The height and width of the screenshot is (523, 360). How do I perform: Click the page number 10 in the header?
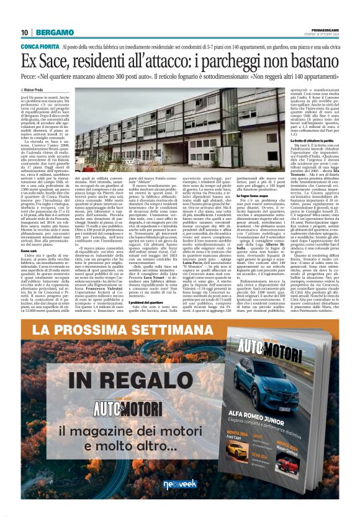[x=25, y=32]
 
